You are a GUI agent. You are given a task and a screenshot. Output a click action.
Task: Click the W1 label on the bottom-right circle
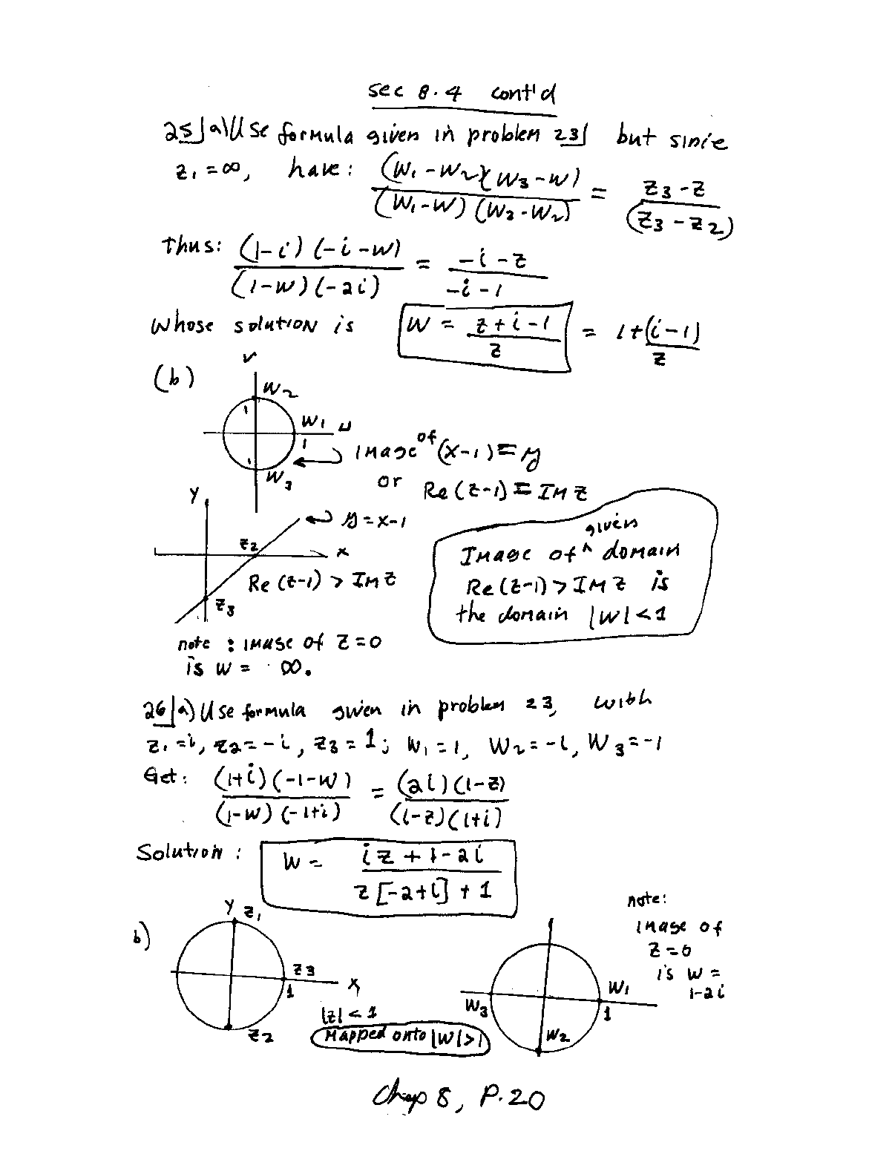tap(619, 988)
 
